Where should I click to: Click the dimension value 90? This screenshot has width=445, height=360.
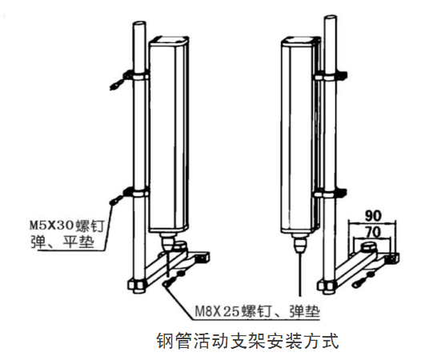coord(373,216)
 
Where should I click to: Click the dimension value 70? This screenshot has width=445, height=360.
coord(373,232)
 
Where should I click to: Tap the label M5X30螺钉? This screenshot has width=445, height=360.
coord(67,226)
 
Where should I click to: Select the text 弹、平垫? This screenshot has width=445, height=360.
coord(62,242)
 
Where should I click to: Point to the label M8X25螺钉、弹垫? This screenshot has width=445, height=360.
coord(257,312)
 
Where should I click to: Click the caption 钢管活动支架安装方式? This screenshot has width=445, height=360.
coord(248,341)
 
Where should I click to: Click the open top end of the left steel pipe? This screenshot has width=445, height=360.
coord(139,24)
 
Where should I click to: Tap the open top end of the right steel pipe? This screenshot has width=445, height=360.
coord(331,18)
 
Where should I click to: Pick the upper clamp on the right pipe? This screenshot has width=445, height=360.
coord(331,76)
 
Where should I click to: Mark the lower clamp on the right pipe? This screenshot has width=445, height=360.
coord(331,193)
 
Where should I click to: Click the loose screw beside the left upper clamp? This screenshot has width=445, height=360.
coord(117,85)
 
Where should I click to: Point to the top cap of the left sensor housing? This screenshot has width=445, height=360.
coord(169,41)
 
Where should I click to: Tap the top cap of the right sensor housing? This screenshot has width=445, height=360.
coord(301,41)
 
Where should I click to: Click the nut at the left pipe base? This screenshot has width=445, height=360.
coord(137,285)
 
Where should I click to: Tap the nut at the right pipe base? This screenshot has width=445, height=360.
coord(327,285)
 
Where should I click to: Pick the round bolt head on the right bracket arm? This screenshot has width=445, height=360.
coord(369,247)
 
